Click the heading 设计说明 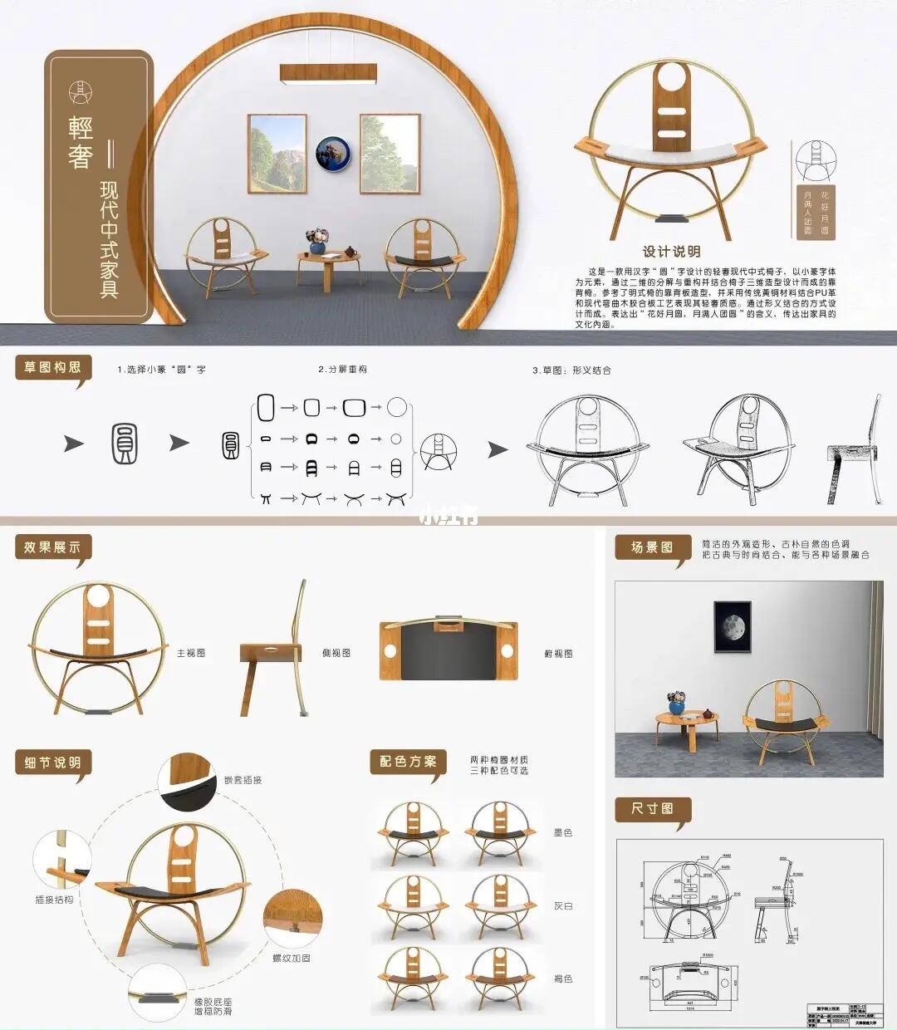pos(671,252)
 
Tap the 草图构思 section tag pos(52,367)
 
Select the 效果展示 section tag pos(52,547)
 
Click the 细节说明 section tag pos(52,763)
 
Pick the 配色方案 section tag pos(408,761)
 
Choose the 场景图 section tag pos(652,547)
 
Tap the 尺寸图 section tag pos(652,808)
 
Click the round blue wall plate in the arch pos(333,154)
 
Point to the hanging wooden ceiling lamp pos(329,74)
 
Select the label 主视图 pos(190,653)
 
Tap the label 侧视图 pos(336,653)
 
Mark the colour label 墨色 pos(562,832)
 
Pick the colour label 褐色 pos(562,978)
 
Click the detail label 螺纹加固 pos(292,958)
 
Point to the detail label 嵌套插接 pos(243,780)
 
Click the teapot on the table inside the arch pos(350,251)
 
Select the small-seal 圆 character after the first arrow pos(125,444)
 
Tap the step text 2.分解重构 pos(342,370)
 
